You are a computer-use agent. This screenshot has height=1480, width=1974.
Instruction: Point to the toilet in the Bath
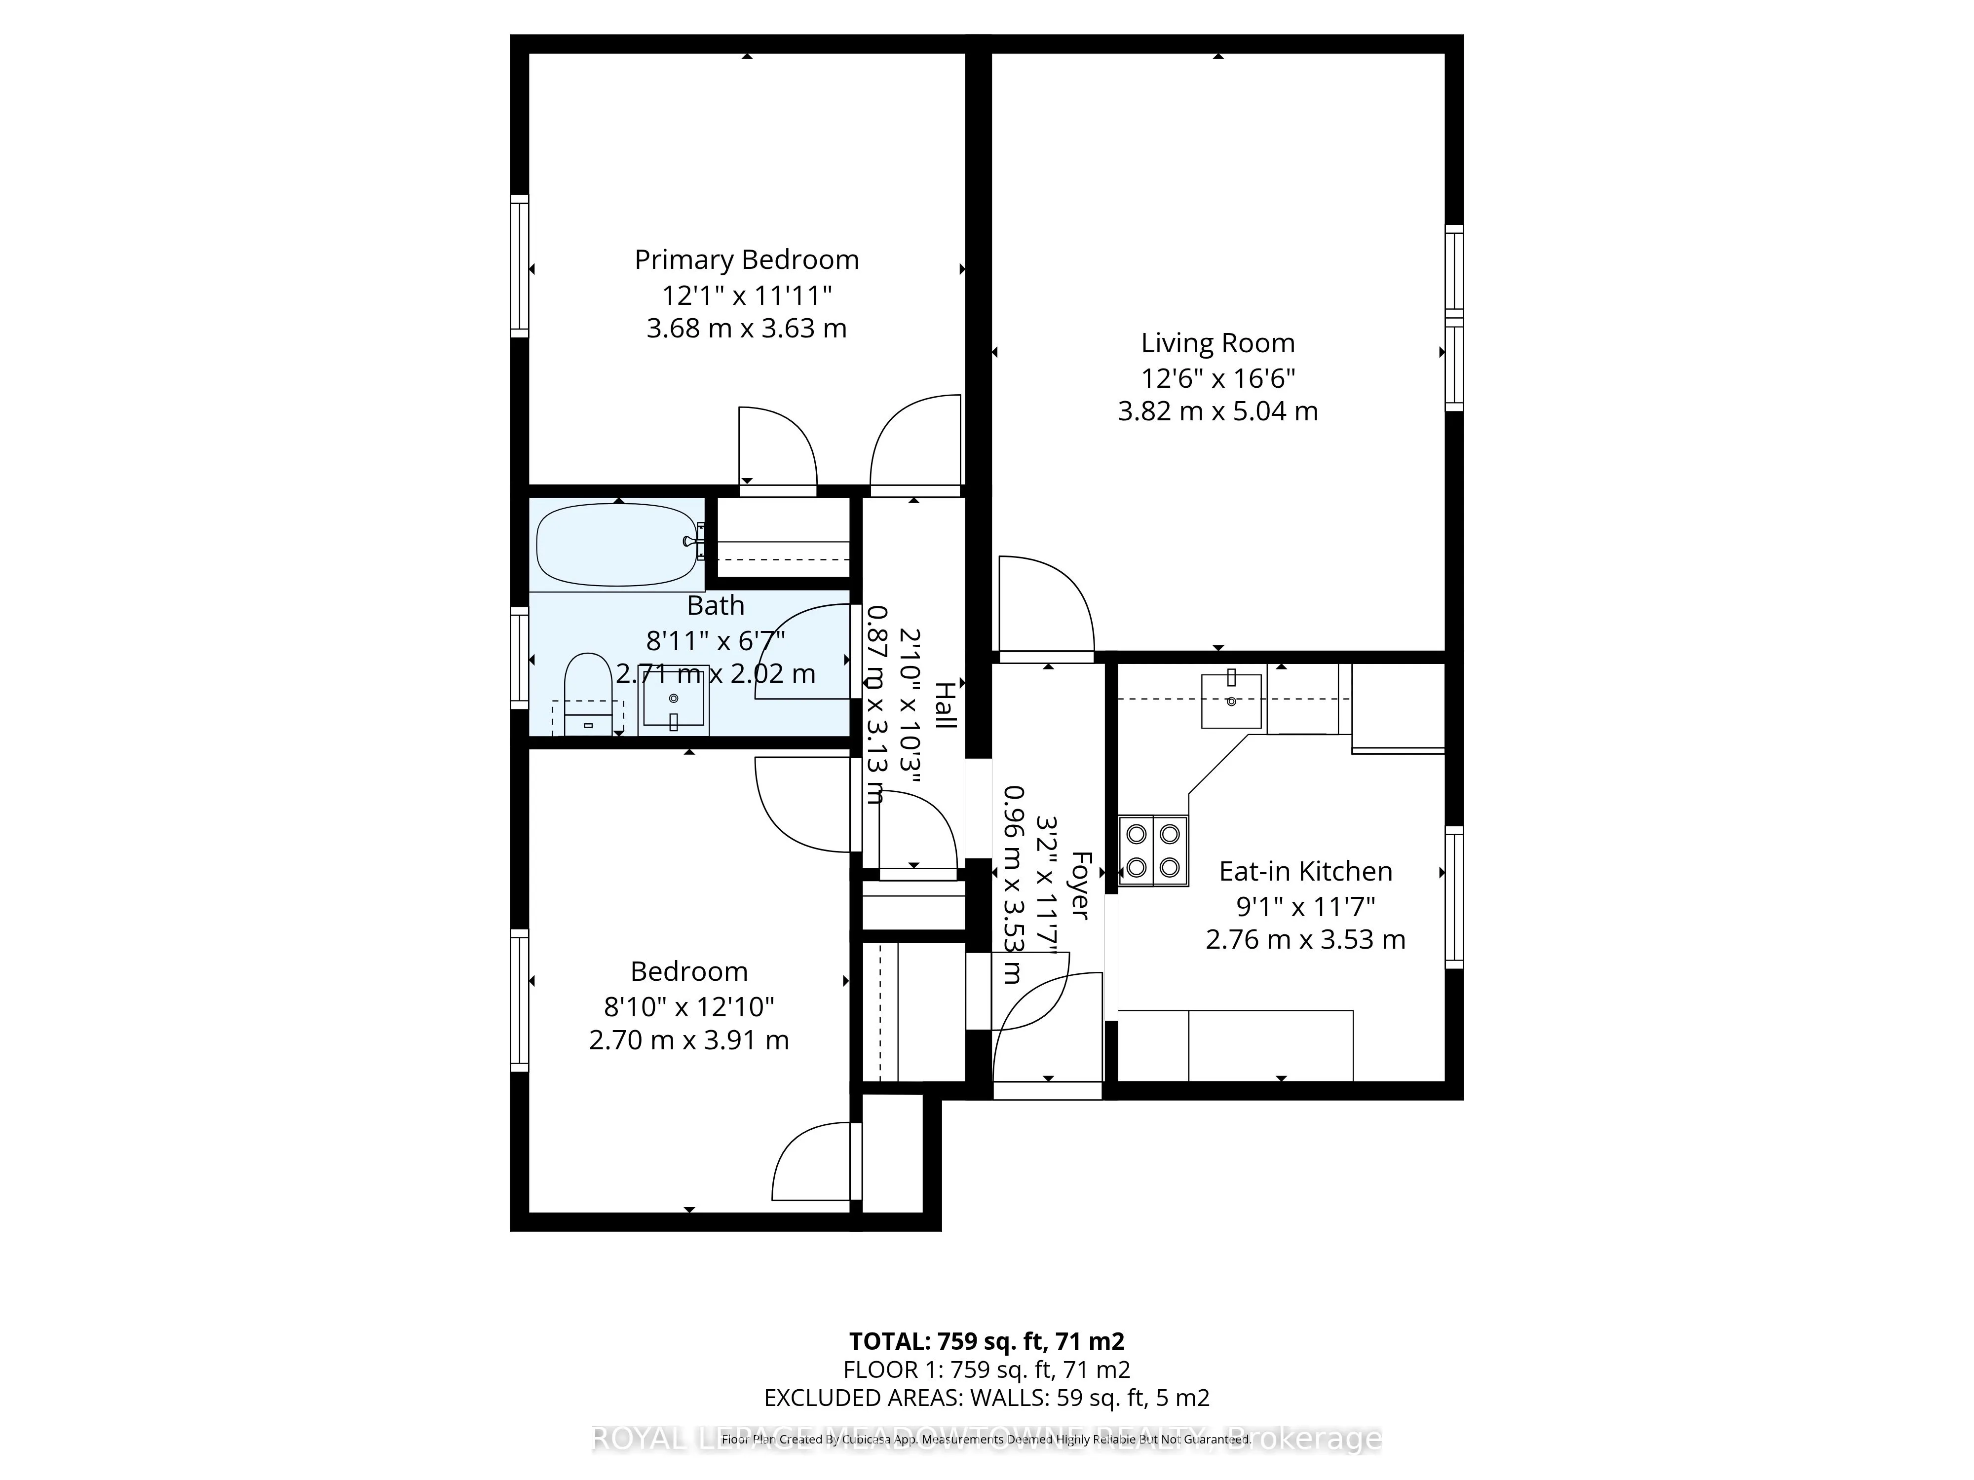pos(587,691)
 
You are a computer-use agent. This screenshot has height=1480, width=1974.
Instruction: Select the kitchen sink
pos(1231,701)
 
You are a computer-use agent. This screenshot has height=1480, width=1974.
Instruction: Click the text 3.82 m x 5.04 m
pos(1217,411)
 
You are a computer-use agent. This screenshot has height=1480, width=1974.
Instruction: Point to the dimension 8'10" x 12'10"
pos(689,1006)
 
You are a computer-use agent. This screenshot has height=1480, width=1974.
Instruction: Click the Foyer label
pos(1081,885)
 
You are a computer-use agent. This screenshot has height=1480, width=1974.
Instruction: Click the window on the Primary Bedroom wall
pos(519,266)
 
